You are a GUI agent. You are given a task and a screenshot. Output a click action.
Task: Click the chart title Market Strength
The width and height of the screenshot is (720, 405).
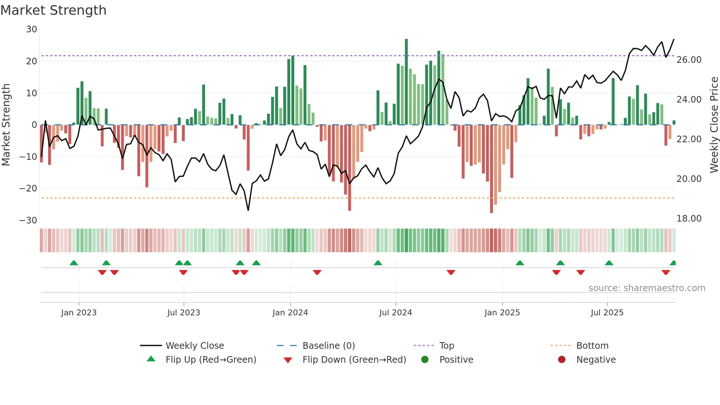coord(53,10)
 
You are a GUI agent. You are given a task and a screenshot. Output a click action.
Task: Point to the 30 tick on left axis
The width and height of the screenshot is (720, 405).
coord(32,29)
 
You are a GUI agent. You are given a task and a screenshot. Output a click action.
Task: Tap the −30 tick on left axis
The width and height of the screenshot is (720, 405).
coord(28,221)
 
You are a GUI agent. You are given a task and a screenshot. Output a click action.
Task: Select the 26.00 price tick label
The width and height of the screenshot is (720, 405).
coord(689,60)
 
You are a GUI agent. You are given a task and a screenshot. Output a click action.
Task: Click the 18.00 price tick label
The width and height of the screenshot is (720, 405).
coord(689,219)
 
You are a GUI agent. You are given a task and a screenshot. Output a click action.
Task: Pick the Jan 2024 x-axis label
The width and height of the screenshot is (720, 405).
coord(290,313)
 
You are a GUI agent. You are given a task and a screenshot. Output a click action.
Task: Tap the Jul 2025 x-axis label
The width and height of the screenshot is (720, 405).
coord(607,313)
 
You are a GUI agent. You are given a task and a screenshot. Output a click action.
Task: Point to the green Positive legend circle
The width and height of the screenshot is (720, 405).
coord(425,359)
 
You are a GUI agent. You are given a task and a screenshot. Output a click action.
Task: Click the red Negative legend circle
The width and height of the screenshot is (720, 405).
coord(562,359)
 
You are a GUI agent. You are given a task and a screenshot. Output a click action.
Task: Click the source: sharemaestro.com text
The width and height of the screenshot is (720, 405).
coord(647,288)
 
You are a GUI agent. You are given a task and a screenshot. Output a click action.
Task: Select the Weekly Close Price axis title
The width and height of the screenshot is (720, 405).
coord(714,125)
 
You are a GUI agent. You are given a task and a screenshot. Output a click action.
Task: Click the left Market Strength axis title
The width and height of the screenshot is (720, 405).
coord(6,125)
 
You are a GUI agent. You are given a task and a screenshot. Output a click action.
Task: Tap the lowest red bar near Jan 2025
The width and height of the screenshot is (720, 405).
coord(492,169)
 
